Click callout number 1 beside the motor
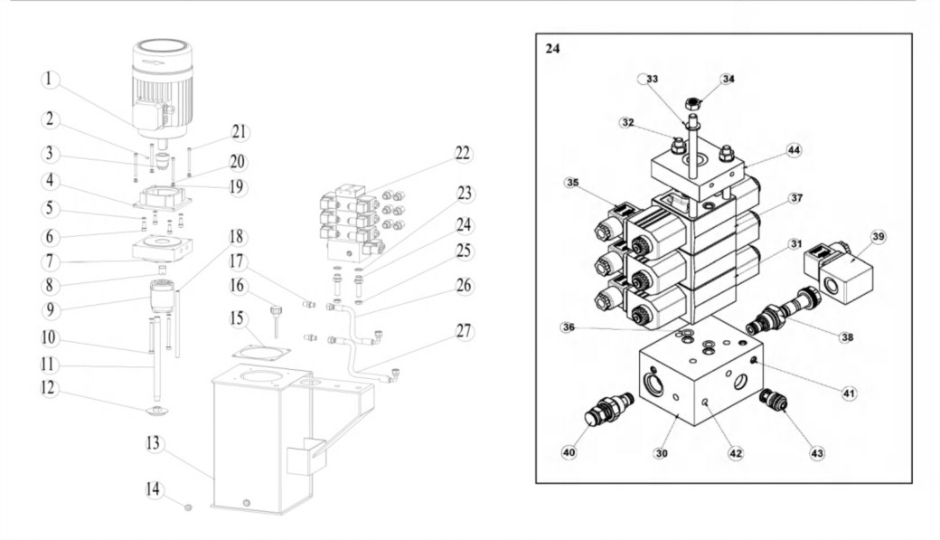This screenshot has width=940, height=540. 50,80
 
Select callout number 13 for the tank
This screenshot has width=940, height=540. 154,443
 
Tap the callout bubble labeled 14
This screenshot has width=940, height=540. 154,489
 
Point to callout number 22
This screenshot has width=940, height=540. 462,154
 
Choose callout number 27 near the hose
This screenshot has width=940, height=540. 464,331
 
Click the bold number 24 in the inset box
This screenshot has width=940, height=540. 553,49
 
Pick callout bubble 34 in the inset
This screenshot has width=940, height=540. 728,79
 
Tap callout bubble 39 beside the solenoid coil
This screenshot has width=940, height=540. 879,236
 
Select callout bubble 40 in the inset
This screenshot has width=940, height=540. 569,451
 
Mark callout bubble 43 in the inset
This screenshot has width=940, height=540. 817,453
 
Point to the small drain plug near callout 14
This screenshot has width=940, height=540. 188,507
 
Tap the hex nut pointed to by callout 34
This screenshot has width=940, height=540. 691,104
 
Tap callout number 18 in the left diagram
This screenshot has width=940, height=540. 237,236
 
